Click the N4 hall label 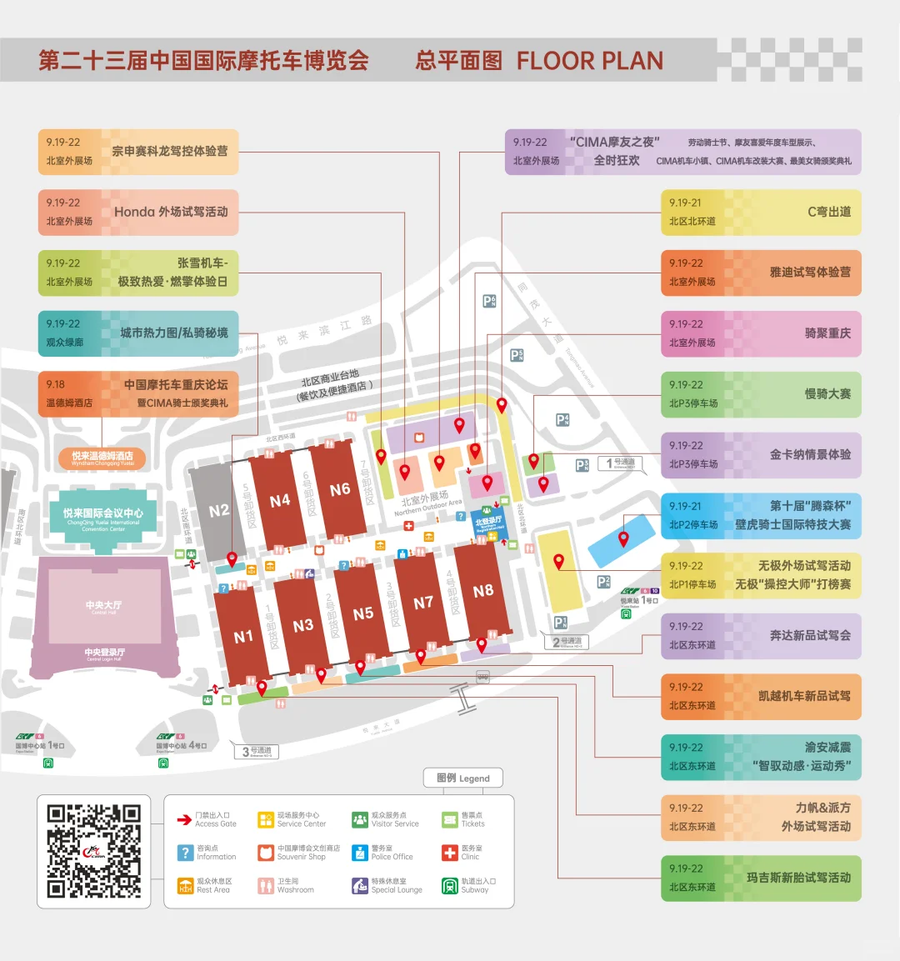tap(280, 500)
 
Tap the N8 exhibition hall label tap(483, 591)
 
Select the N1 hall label tap(243, 637)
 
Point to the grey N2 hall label tap(218, 510)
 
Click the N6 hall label tap(340, 489)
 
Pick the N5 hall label tap(363, 613)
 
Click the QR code tap(93, 851)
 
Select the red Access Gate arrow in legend tap(184, 820)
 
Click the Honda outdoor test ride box tap(138, 212)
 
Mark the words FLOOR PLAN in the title tap(590, 61)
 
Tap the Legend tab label tap(463, 778)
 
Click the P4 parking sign tap(562, 420)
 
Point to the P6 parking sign tap(489, 301)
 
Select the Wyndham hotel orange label tap(102, 457)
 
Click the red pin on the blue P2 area tap(623, 539)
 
